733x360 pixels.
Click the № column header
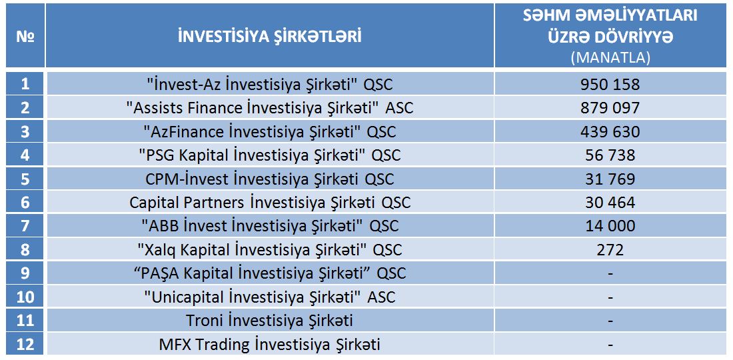25,37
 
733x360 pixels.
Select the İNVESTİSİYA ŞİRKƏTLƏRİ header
270,37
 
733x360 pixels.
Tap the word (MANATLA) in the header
610,57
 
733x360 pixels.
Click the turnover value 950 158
610,84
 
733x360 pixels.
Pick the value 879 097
610,108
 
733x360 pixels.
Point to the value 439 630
610,132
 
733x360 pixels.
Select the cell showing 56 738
610,155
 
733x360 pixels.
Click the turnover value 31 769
610,179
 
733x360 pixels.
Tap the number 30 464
610,203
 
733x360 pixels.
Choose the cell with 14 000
610,226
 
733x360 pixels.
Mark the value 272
610,250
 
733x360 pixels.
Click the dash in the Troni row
610,321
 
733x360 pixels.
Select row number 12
25,345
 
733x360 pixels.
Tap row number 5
25,179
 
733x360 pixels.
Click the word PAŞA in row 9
161,273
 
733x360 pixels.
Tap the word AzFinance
184,132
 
